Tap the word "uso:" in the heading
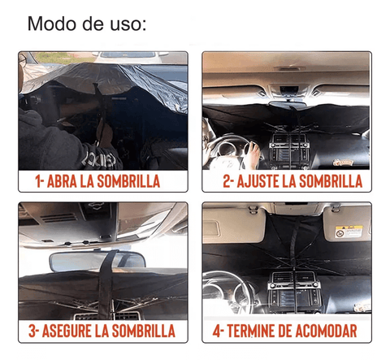(x=128, y=24)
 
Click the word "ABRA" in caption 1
(x=62, y=181)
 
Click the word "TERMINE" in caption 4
(x=251, y=331)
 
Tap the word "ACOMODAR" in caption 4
(x=326, y=331)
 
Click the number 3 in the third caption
(x=32, y=331)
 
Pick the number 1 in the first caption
(x=38, y=181)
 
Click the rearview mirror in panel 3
(x=97, y=262)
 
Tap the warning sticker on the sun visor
(x=349, y=232)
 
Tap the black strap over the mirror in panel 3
(x=106, y=284)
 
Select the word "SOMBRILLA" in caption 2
(x=331, y=181)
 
